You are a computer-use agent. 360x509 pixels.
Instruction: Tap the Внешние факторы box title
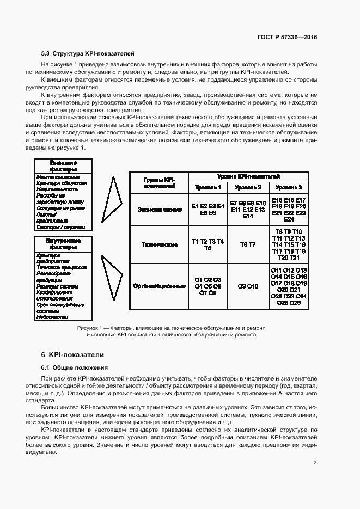63,166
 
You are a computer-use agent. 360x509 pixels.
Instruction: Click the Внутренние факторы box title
63,243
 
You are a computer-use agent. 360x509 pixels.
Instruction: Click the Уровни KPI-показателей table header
248,177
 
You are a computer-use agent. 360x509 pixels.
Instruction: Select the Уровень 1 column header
208,188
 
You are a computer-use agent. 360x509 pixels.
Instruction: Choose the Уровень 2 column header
248,188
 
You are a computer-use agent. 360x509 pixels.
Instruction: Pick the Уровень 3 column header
289,188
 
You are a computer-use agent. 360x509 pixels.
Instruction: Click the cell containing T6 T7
248,245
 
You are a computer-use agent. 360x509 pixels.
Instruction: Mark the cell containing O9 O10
248,286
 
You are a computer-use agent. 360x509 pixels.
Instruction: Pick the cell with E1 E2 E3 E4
208,210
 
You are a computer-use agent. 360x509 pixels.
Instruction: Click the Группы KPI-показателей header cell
158,182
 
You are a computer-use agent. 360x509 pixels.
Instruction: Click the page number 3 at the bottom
315,463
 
